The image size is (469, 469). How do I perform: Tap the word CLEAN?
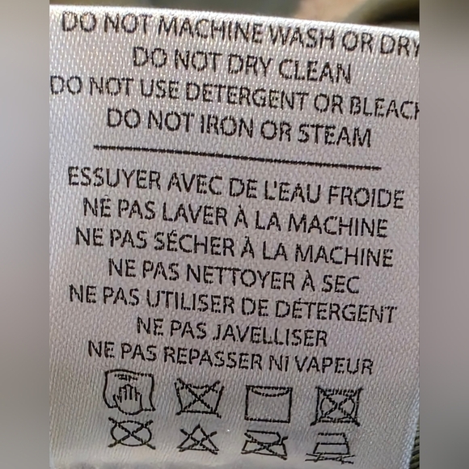coord(314,72)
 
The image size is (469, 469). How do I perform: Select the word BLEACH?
coord(384,107)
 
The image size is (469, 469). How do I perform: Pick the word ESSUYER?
coord(114,178)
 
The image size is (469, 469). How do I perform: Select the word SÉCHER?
coord(194,243)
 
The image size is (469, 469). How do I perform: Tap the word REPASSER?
coord(213,357)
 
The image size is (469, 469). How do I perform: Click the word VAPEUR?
coord(336,364)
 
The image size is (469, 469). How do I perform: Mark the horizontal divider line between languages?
coord(237,157)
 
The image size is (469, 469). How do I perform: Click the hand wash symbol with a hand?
coord(129,392)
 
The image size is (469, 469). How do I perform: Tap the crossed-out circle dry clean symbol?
coord(131,433)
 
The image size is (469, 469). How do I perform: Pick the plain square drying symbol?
coord(268,404)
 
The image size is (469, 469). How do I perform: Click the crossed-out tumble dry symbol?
coord(337,405)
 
